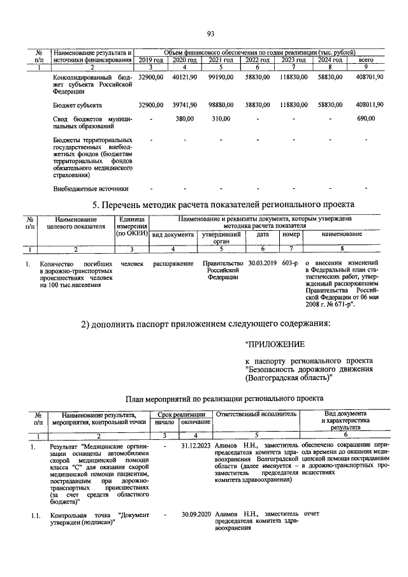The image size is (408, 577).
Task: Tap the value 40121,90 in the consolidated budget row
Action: [184, 77]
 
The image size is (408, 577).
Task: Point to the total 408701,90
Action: [369, 77]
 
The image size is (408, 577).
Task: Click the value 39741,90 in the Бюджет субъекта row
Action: [184, 104]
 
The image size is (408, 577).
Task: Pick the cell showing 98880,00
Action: [220, 104]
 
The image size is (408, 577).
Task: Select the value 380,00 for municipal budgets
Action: [184, 118]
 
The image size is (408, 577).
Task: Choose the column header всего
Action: [366, 60]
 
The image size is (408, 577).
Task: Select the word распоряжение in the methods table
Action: [173, 263]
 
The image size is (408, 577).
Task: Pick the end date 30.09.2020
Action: [196, 513]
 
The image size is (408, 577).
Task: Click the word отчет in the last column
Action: [312, 513]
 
